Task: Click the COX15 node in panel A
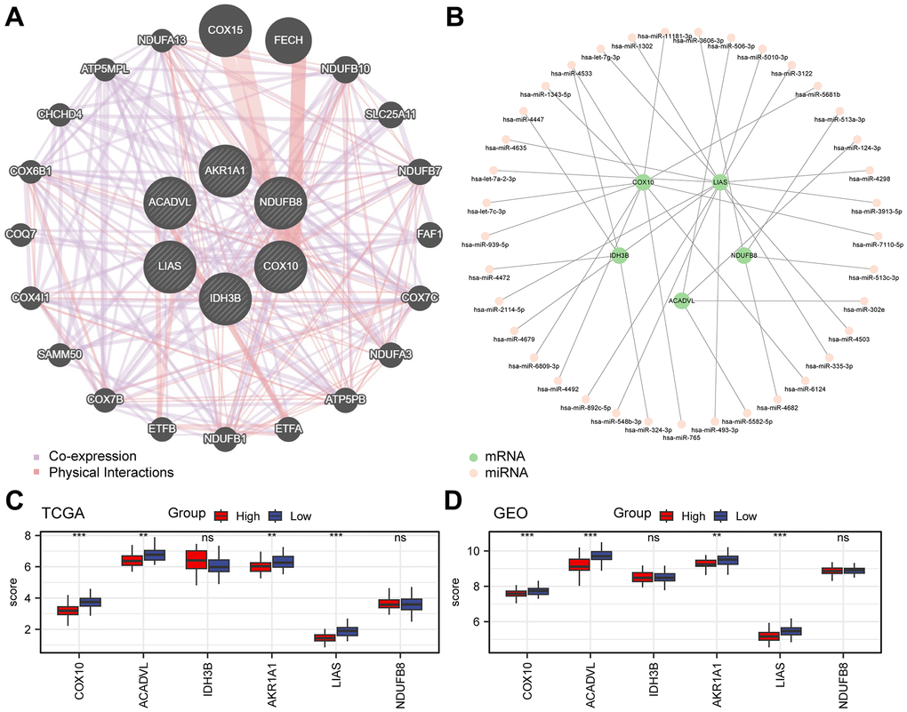(x=225, y=29)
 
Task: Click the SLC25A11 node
(x=390, y=114)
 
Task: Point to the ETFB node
(x=164, y=428)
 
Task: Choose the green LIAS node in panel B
(x=720, y=182)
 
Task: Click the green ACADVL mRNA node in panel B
(x=680, y=300)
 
